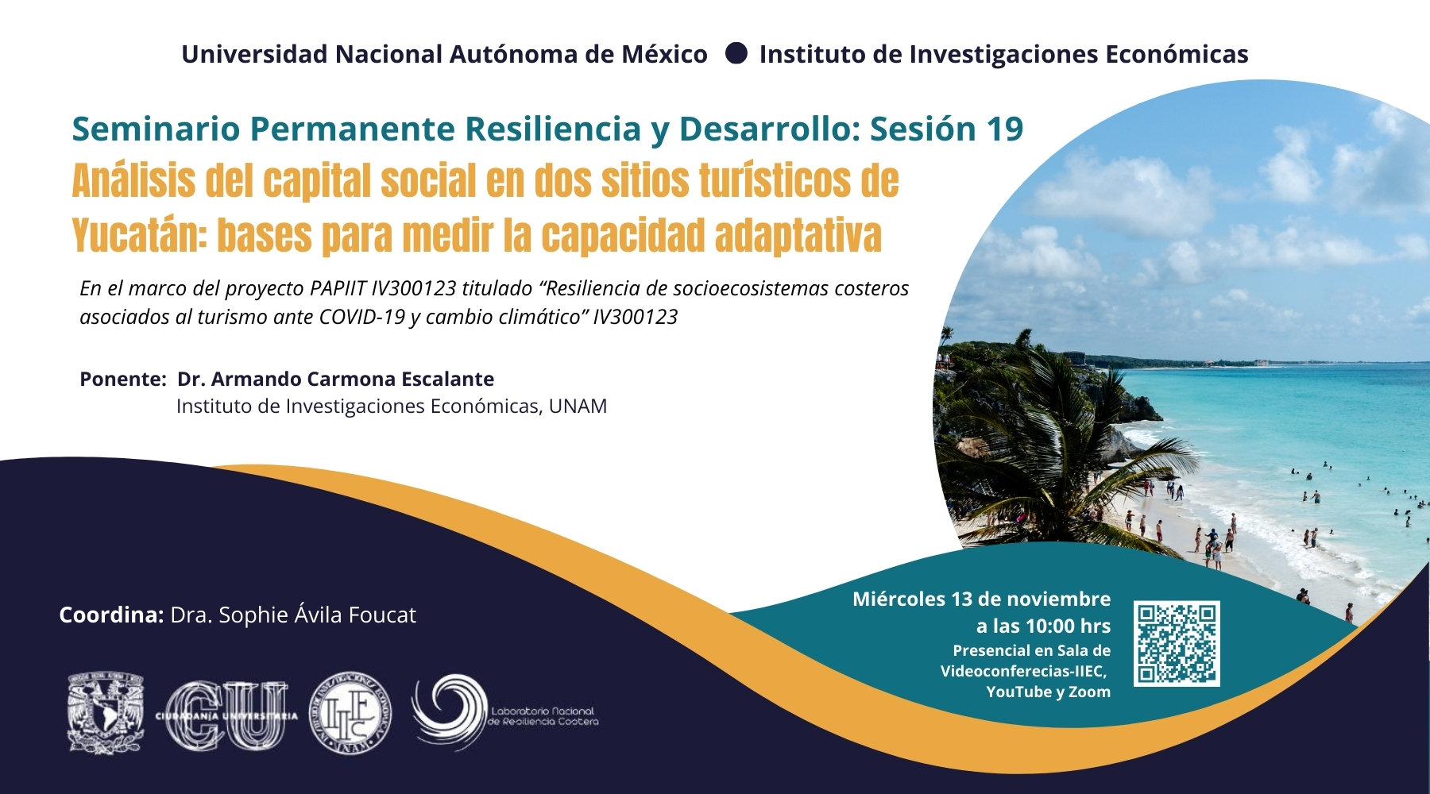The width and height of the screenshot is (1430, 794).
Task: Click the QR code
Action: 1177,643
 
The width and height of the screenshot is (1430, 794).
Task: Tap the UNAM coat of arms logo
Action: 106,713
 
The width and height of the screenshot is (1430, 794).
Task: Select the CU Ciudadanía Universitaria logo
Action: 227,715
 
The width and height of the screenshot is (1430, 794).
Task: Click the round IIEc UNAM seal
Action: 350,714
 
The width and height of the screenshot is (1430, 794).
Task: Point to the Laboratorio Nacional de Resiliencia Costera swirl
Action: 449,711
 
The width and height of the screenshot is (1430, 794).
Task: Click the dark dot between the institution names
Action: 736,53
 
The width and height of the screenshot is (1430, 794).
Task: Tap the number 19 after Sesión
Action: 1004,129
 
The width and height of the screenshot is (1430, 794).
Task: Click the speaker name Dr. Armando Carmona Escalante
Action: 335,379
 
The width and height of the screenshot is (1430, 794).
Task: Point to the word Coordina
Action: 111,615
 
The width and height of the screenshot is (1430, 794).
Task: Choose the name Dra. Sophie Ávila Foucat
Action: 293,615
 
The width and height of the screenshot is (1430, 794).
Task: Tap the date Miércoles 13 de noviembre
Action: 981,599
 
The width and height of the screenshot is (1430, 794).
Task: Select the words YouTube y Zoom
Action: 1049,692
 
